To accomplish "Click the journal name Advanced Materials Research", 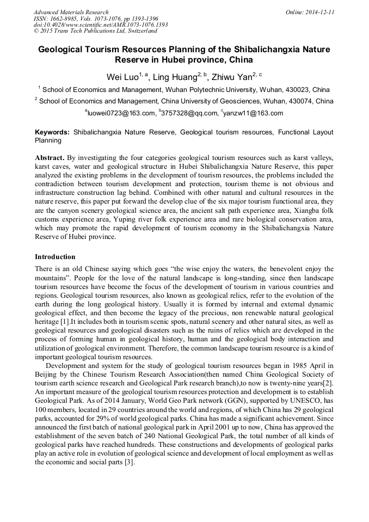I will click(71, 12).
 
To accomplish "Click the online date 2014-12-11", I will click(321, 12).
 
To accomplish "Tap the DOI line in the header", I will click(101, 24).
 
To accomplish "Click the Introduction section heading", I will click(55, 256).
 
